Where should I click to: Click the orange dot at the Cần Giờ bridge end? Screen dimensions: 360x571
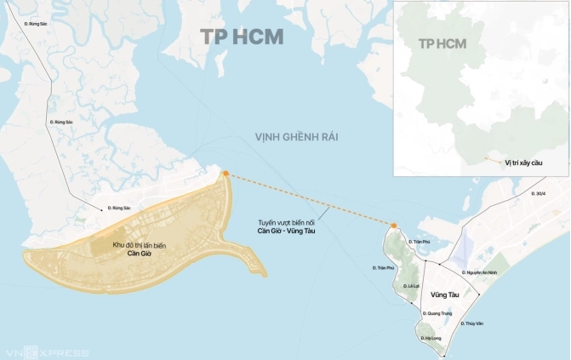226,174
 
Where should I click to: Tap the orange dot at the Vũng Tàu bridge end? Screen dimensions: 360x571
394,226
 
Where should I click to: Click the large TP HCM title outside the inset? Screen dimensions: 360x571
242,37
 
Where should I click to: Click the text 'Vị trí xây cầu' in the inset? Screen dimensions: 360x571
523,161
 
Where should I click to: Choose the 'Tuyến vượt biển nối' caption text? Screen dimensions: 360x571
287,223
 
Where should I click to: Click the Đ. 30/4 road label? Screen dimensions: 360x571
537,194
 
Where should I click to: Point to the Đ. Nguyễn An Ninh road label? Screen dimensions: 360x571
484,272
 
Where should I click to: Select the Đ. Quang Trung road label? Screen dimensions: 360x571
437,312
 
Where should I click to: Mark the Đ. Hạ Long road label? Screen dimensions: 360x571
431,339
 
